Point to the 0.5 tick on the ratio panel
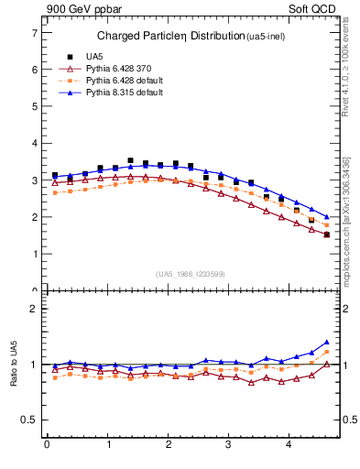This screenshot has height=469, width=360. [x=28, y=420]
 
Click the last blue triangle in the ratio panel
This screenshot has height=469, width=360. [x=327, y=342]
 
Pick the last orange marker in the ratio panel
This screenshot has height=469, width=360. [x=327, y=352]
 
